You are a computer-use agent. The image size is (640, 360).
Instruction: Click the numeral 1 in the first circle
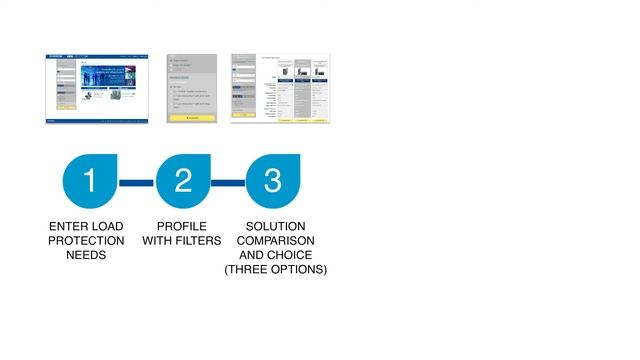90,181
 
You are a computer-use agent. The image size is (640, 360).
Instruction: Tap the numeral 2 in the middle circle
182,181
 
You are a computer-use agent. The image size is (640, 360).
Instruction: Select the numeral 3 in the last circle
273,181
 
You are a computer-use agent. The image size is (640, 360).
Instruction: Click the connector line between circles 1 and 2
136,183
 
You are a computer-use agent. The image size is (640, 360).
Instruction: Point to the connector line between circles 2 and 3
228,183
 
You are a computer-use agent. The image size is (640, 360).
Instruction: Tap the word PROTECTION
87,241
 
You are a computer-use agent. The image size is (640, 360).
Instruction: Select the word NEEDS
86,255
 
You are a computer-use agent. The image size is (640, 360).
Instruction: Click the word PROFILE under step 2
182,227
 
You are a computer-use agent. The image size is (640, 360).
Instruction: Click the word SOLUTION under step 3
275,227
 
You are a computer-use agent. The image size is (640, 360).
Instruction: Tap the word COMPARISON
275,241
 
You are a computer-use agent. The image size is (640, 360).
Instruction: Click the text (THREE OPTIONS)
275,269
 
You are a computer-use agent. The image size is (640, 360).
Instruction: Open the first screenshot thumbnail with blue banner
89,88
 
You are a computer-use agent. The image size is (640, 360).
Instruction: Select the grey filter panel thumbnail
191,88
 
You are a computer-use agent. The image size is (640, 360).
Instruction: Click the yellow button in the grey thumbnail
191,118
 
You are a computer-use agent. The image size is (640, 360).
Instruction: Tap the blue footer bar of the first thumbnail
89,121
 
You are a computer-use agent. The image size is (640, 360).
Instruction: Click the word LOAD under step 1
108,227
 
